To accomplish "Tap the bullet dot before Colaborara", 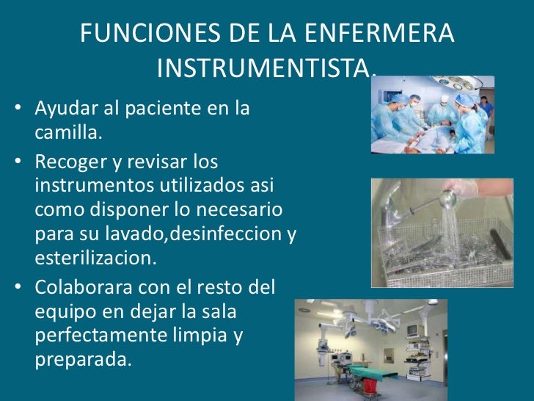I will (x=17, y=286).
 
